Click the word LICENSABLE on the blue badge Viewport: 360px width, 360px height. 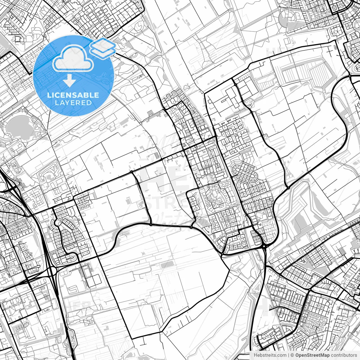(73, 95)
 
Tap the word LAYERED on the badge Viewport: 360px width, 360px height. (73, 103)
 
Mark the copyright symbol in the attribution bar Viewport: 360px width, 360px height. (292, 355)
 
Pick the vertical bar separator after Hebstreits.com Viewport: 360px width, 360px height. (289, 355)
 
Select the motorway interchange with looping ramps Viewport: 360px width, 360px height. (52, 271)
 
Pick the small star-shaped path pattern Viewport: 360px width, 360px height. (303, 260)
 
